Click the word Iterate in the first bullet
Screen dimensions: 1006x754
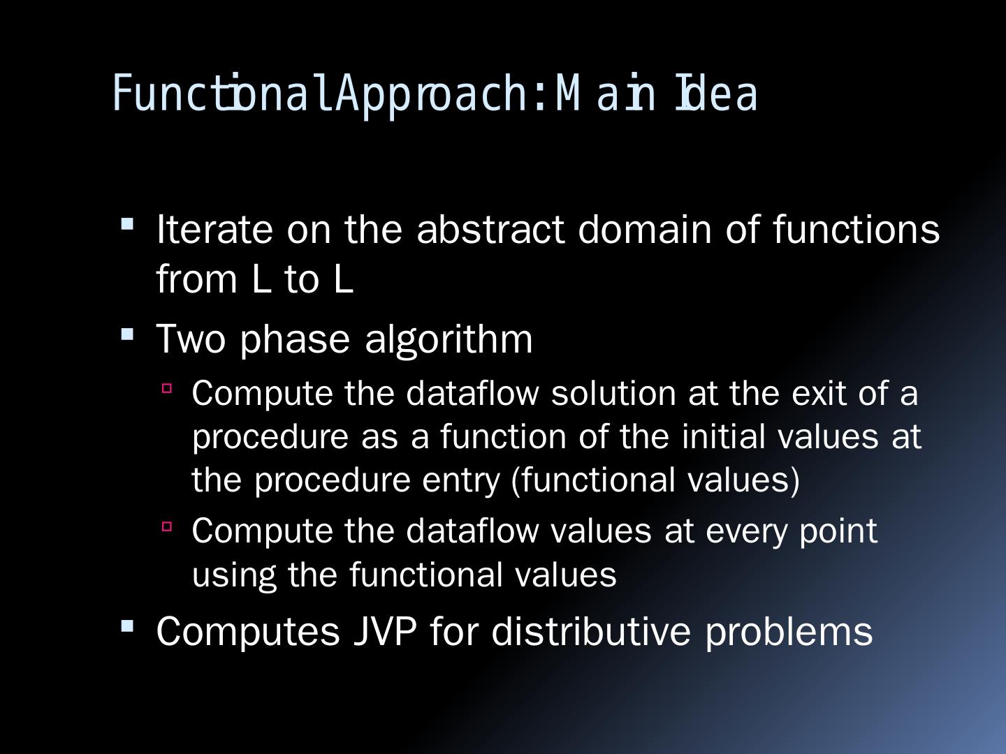tap(214, 230)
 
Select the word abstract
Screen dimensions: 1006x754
tap(490, 229)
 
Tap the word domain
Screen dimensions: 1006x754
tap(646, 229)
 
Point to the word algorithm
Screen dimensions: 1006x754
tap(449, 341)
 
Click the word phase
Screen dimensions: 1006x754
tap(295, 341)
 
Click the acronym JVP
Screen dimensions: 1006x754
tap(385, 632)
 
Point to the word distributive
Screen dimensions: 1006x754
tap(591, 632)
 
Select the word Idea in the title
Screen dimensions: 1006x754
tap(716, 94)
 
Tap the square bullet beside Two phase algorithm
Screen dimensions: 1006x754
tap(127, 334)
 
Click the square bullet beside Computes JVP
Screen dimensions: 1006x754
tap(127, 626)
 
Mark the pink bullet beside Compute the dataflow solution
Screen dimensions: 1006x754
tap(167, 389)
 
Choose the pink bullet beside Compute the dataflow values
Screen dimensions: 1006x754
tap(167, 526)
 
